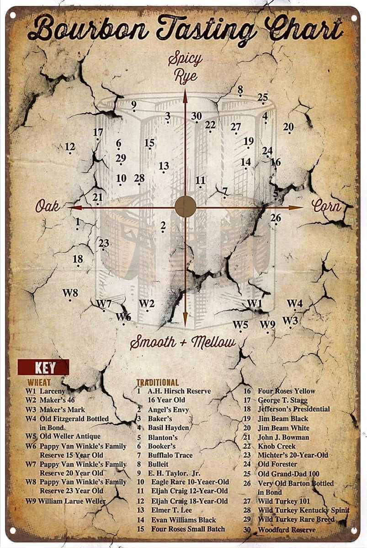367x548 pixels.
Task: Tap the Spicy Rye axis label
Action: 185,67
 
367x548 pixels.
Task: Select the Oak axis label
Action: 48,206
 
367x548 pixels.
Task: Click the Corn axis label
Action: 326,206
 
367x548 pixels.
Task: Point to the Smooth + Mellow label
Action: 183,342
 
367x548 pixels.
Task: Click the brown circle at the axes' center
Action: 185,206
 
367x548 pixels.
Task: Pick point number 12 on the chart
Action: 69,148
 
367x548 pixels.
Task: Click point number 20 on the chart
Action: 288,127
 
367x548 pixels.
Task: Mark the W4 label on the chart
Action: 294,304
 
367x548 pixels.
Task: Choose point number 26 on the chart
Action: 275,218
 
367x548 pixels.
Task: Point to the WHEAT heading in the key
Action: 39,382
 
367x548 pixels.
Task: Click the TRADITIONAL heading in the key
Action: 158,382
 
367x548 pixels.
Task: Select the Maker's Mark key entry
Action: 62,409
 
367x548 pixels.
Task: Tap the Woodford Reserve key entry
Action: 287,530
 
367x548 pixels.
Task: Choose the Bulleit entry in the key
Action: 158,464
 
